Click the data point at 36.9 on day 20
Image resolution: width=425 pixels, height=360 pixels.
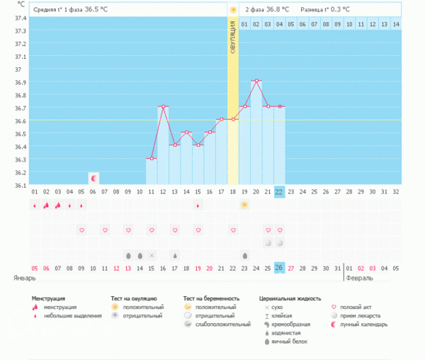tap(256, 81)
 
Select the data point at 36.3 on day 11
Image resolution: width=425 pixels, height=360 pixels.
tap(151, 159)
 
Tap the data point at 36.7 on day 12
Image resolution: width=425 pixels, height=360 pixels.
tap(163, 106)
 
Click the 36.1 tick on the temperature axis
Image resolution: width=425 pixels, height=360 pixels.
tap(21, 185)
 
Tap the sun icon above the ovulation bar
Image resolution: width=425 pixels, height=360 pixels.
tap(232, 10)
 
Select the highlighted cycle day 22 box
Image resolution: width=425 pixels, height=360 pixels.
tap(279, 191)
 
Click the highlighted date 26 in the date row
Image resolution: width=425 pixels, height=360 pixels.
tap(279, 268)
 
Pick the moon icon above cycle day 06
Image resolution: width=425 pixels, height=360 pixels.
tap(93, 176)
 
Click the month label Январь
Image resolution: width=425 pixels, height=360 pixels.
tap(25, 278)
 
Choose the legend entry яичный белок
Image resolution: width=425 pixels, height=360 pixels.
tap(287, 342)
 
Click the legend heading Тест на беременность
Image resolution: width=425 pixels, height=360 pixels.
tap(211, 298)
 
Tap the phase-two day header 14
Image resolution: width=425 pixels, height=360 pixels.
tap(395, 24)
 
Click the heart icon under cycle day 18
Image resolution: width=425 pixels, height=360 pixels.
tap(232, 230)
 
